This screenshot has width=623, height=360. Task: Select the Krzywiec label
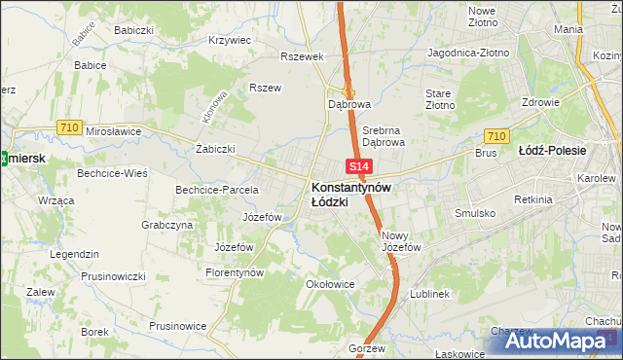(x=231, y=41)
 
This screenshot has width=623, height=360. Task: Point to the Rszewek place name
(x=301, y=56)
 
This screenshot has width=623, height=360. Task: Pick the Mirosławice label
(x=114, y=130)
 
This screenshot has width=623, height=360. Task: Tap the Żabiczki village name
(x=216, y=149)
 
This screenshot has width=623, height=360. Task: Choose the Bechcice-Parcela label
(x=216, y=189)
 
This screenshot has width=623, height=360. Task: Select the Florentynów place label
(x=235, y=273)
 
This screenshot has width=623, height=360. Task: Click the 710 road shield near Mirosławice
(x=68, y=126)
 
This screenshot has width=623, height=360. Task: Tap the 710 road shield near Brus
(x=496, y=136)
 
